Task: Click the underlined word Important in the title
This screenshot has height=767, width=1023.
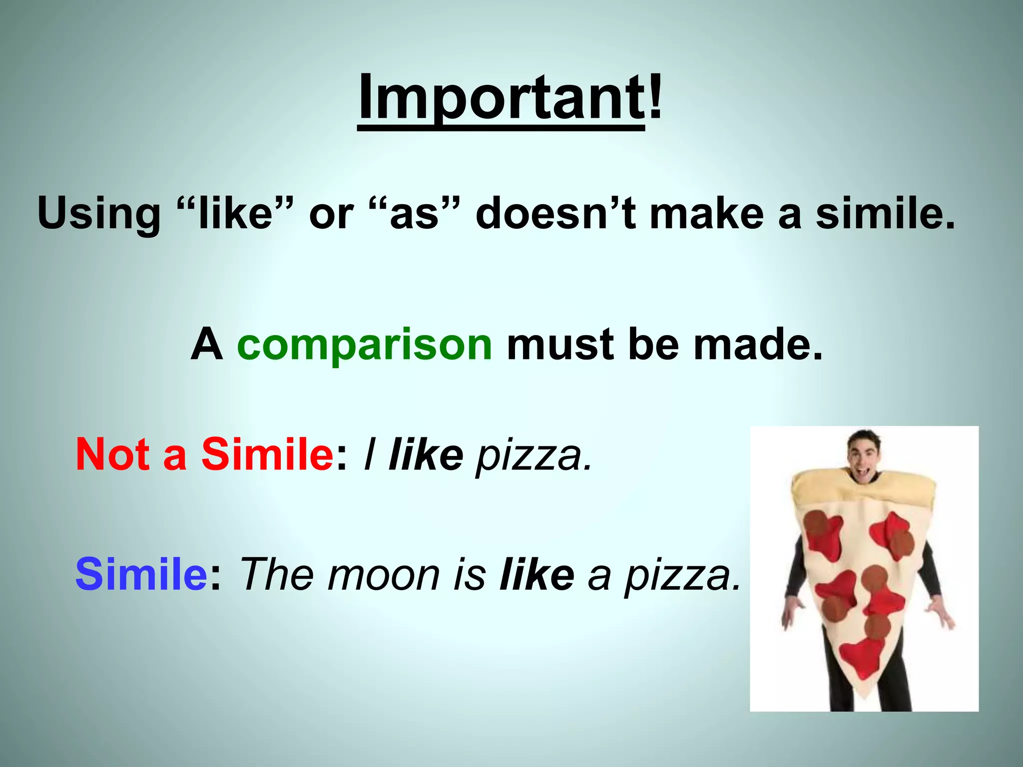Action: pyautogui.click(x=501, y=97)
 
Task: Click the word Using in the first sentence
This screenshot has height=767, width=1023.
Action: pyautogui.click(x=98, y=214)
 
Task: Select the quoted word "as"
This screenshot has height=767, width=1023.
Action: pyautogui.click(x=414, y=214)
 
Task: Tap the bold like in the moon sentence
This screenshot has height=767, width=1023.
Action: pyautogui.click(x=536, y=574)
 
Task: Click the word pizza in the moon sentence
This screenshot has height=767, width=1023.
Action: pyautogui.click(x=681, y=577)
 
